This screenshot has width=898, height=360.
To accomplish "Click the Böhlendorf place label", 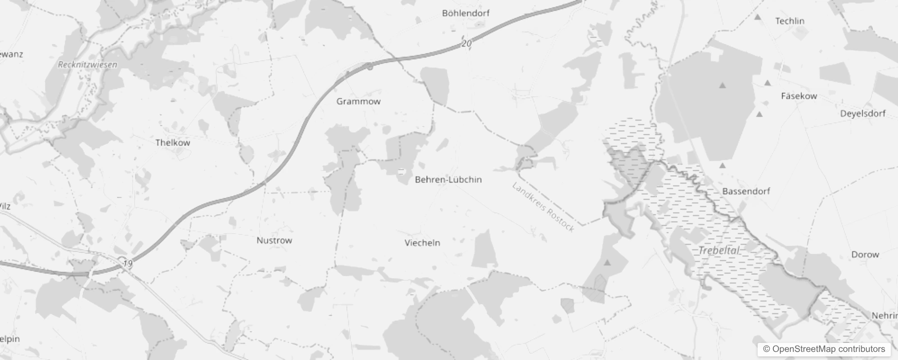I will coord(466,13).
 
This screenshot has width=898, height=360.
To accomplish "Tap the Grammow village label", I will coord(359,102).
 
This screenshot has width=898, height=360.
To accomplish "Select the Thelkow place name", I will coord(173,143).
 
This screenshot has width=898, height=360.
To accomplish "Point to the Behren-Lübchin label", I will coord(448,180).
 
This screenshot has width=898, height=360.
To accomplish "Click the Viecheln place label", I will coord(422,243).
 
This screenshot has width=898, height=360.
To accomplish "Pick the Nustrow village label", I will coord(274,241).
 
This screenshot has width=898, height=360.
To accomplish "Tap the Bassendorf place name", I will coord(746,191).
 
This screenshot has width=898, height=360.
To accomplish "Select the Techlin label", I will coord(790,21).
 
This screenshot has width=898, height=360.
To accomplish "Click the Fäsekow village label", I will coord(799,96).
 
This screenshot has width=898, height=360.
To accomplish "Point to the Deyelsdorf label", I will coord(862,114).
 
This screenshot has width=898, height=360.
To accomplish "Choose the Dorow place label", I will coord(865,255).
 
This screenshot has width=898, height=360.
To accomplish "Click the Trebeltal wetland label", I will coord(718,251).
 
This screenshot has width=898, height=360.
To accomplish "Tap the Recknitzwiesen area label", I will coord(87,65).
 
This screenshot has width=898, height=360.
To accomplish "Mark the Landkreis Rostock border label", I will coord(543,207).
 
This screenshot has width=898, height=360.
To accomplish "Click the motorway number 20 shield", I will coord(467,44).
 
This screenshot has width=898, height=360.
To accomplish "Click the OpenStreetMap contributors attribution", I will coord(824,349).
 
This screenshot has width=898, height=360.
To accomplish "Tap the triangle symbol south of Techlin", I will coord(768,83).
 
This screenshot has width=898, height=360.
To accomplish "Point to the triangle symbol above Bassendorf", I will coord(723,166).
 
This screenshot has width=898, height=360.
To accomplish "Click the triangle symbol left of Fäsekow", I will coord(723,85).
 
